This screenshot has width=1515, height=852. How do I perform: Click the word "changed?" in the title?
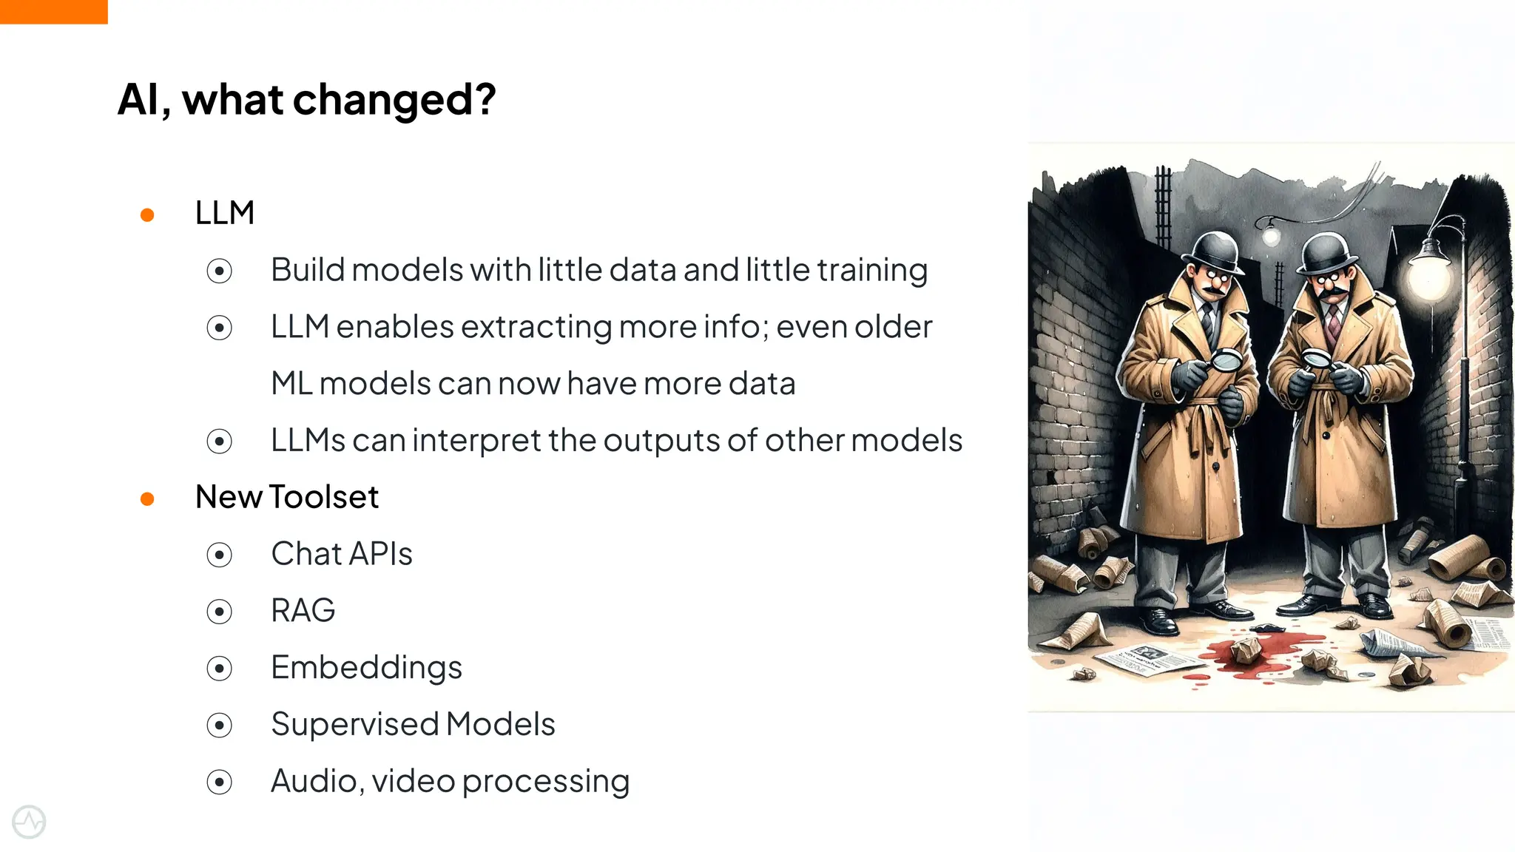point(394,100)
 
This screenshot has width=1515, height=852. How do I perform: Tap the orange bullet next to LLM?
point(147,215)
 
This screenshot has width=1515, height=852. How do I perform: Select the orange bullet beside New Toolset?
point(147,499)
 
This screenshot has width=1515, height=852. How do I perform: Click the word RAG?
point(303,611)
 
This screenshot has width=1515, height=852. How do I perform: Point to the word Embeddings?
point(366,668)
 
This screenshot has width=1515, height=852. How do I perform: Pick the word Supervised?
point(354,724)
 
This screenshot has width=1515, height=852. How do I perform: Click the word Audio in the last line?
point(317,781)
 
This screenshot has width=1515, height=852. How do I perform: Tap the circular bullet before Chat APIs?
point(220,555)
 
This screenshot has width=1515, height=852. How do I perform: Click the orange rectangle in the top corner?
point(53,11)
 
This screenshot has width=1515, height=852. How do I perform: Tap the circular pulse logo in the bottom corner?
point(29,822)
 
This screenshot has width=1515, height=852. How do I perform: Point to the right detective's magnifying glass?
point(1316,360)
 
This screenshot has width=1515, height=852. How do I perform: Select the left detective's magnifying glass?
point(1227,360)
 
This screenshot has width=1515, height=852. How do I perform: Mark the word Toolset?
point(324,497)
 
